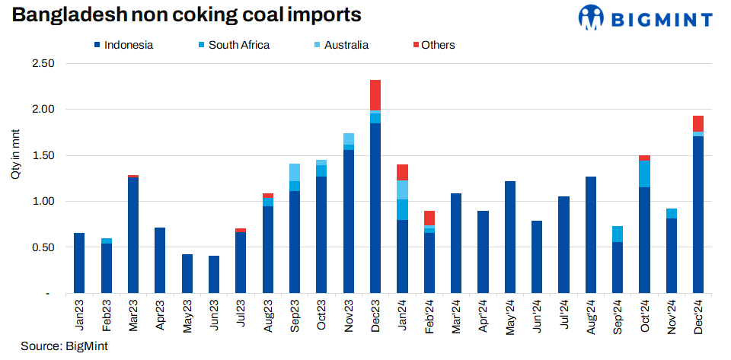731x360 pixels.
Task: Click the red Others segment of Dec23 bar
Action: click(375, 95)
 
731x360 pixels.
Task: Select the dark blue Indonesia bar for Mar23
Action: click(133, 235)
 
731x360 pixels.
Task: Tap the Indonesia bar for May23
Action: click(187, 273)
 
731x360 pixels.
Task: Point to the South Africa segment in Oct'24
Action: click(644, 174)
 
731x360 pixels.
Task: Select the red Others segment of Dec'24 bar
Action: click(697, 123)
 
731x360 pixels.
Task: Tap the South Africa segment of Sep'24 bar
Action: click(618, 234)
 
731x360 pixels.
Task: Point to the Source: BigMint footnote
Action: click(64, 346)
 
